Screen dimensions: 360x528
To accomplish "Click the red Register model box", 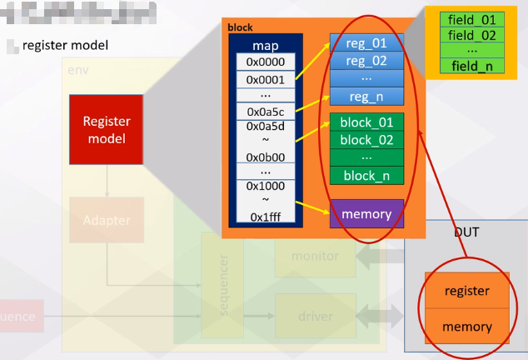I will pyautogui.click(x=106, y=130).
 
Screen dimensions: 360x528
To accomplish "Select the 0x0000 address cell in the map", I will pyautogui.click(x=265, y=62).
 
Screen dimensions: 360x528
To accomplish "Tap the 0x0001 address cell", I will pyautogui.click(x=265, y=79).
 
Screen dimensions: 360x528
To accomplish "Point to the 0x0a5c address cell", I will pyautogui.click(x=265, y=112).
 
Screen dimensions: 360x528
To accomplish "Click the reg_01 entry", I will pyautogui.click(x=366, y=43).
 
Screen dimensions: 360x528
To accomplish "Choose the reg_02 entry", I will pyautogui.click(x=366, y=61).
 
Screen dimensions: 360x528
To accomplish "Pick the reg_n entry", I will pyautogui.click(x=366, y=97).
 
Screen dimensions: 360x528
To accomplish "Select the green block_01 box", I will pyautogui.click(x=366, y=122).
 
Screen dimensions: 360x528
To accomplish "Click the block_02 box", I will pyautogui.click(x=366, y=140).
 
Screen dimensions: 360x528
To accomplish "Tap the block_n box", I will pyautogui.click(x=366, y=175).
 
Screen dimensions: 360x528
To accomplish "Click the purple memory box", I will pyautogui.click(x=366, y=214).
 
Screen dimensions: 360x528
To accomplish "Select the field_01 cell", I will pyautogui.click(x=471, y=19).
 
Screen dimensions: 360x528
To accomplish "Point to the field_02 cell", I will pyautogui.click(x=471, y=35).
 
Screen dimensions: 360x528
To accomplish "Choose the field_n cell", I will pyautogui.click(x=471, y=66).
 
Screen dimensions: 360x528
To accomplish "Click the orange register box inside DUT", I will pyautogui.click(x=467, y=291).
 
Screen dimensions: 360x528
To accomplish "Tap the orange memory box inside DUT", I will pyautogui.click(x=467, y=327).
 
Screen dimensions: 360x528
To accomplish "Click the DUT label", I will pyautogui.click(x=466, y=232).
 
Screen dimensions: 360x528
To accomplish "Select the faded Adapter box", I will pyautogui.click(x=107, y=221).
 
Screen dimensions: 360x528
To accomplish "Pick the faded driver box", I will pyautogui.click(x=315, y=317).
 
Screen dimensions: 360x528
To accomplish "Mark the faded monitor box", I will pyautogui.click(x=315, y=257).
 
